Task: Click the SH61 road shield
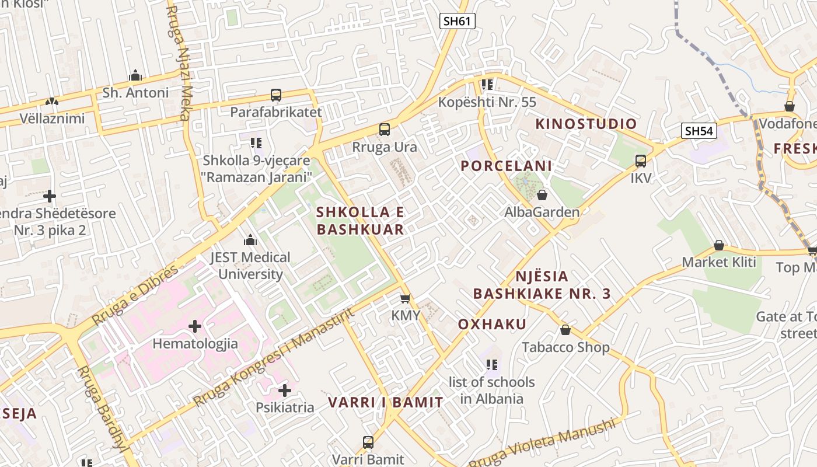tap(457, 22)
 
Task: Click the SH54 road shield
tap(699, 131)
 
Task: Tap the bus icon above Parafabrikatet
tap(276, 95)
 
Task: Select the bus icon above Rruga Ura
tap(384, 130)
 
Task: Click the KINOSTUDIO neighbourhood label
tap(586, 124)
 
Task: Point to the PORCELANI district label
tap(506, 166)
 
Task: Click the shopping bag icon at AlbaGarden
tap(542, 195)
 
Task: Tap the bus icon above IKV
tap(640, 161)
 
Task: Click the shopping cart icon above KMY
tap(406, 298)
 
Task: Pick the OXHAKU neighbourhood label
tap(492, 324)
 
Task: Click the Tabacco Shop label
tap(565, 347)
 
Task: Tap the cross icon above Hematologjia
tap(195, 326)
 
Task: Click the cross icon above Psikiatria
tap(284, 390)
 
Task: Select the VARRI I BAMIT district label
tap(385, 402)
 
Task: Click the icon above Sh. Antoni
tap(135, 76)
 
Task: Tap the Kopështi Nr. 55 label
tap(487, 102)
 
